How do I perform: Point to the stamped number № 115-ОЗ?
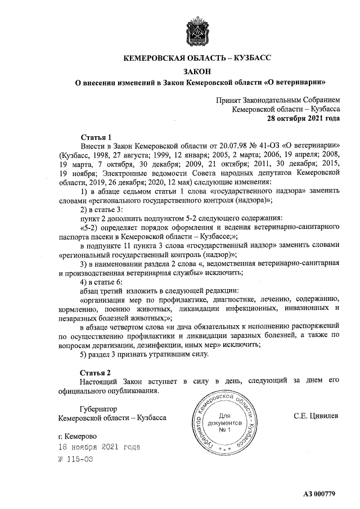pyautogui.click(x=75, y=459)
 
